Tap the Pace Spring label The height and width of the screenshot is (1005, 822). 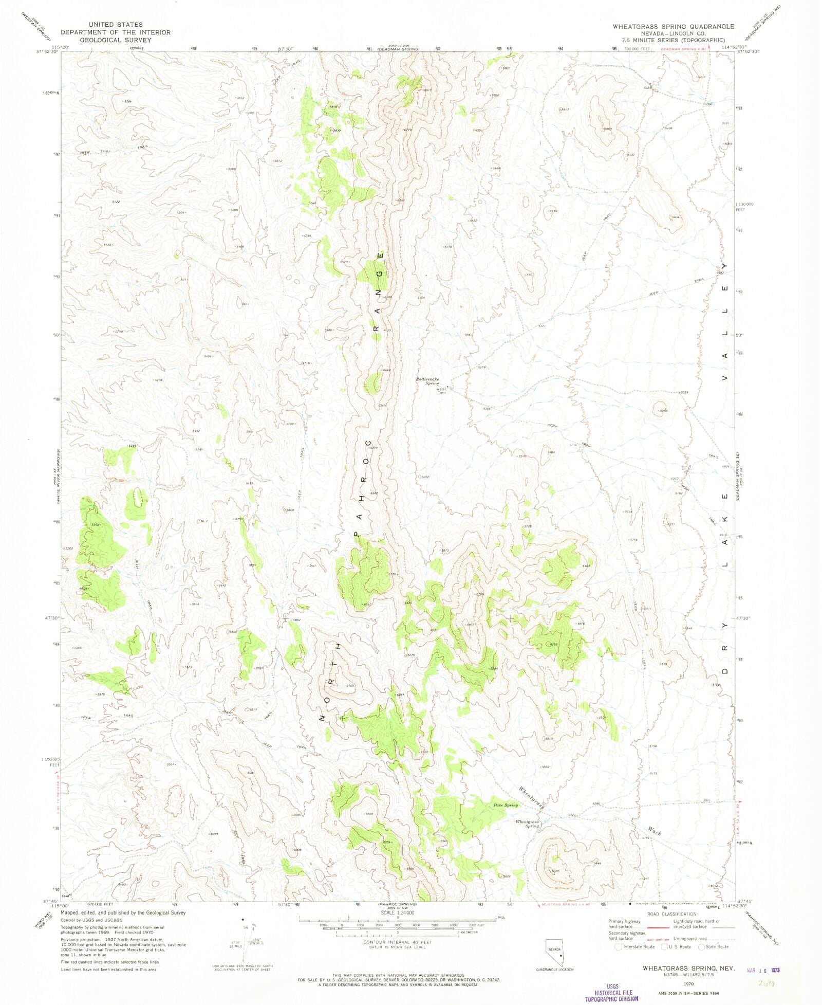tap(506, 805)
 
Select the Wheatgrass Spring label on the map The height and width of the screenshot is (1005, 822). tap(527, 824)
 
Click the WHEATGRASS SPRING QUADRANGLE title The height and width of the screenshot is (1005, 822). tap(673, 26)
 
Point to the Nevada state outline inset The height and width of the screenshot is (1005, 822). tap(555, 953)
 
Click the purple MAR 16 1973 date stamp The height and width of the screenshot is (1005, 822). tap(762, 970)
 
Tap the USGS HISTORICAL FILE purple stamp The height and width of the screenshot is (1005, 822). tap(611, 993)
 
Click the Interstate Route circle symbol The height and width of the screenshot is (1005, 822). tap(619, 946)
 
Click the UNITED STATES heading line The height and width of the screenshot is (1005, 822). tap(115, 25)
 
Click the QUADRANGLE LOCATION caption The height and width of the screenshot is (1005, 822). tap(554, 970)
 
